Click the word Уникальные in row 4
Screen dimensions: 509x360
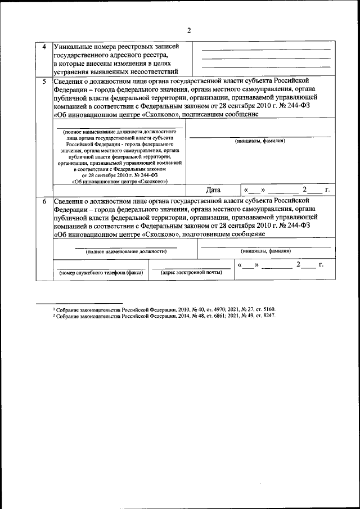click(73, 46)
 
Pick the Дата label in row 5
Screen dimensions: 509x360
click(213, 190)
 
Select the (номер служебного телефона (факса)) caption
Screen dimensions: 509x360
click(101, 273)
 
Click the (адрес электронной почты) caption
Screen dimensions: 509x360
click(191, 273)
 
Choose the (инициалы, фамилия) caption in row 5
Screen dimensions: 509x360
click(259, 141)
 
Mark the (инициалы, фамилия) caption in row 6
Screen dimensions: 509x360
click(265, 251)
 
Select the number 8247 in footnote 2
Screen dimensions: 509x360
click(266, 317)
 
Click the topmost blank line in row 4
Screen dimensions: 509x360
click(265, 50)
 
